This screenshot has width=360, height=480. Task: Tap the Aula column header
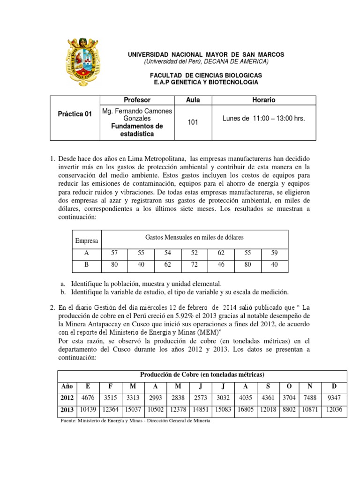(x=193, y=100)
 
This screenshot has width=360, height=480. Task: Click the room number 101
(x=193, y=122)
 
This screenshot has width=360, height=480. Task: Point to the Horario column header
(x=264, y=100)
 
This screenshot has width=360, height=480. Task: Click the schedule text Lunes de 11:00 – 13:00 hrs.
(x=264, y=119)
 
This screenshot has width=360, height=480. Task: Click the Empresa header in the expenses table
(x=87, y=240)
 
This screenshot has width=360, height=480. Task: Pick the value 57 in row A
(x=114, y=253)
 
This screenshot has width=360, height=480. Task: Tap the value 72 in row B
(x=195, y=265)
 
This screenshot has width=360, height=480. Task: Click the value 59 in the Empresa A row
(x=275, y=253)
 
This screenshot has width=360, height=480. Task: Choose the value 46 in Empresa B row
(x=221, y=265)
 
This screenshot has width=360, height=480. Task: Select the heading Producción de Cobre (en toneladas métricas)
(x=202, y=375)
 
